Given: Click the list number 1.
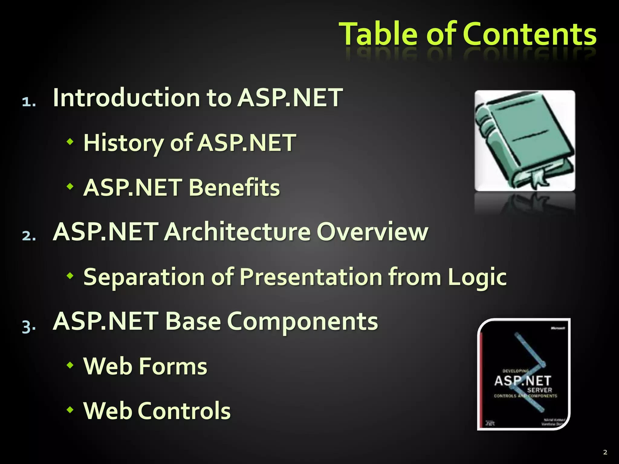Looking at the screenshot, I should [x=29, y=102].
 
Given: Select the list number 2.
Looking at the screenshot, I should [x=29, y=236].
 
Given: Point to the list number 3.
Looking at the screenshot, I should [x=29, y=326].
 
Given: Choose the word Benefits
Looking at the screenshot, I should [x=234, y=187].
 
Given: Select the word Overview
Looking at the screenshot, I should [x=372, y=232].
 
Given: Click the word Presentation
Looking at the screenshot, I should [x=311, y=277].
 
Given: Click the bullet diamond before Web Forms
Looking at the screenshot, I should [x=70, y=366].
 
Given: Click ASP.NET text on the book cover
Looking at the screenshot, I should [x=523, y=381].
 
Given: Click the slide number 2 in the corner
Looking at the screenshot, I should [x=605, y=452].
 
